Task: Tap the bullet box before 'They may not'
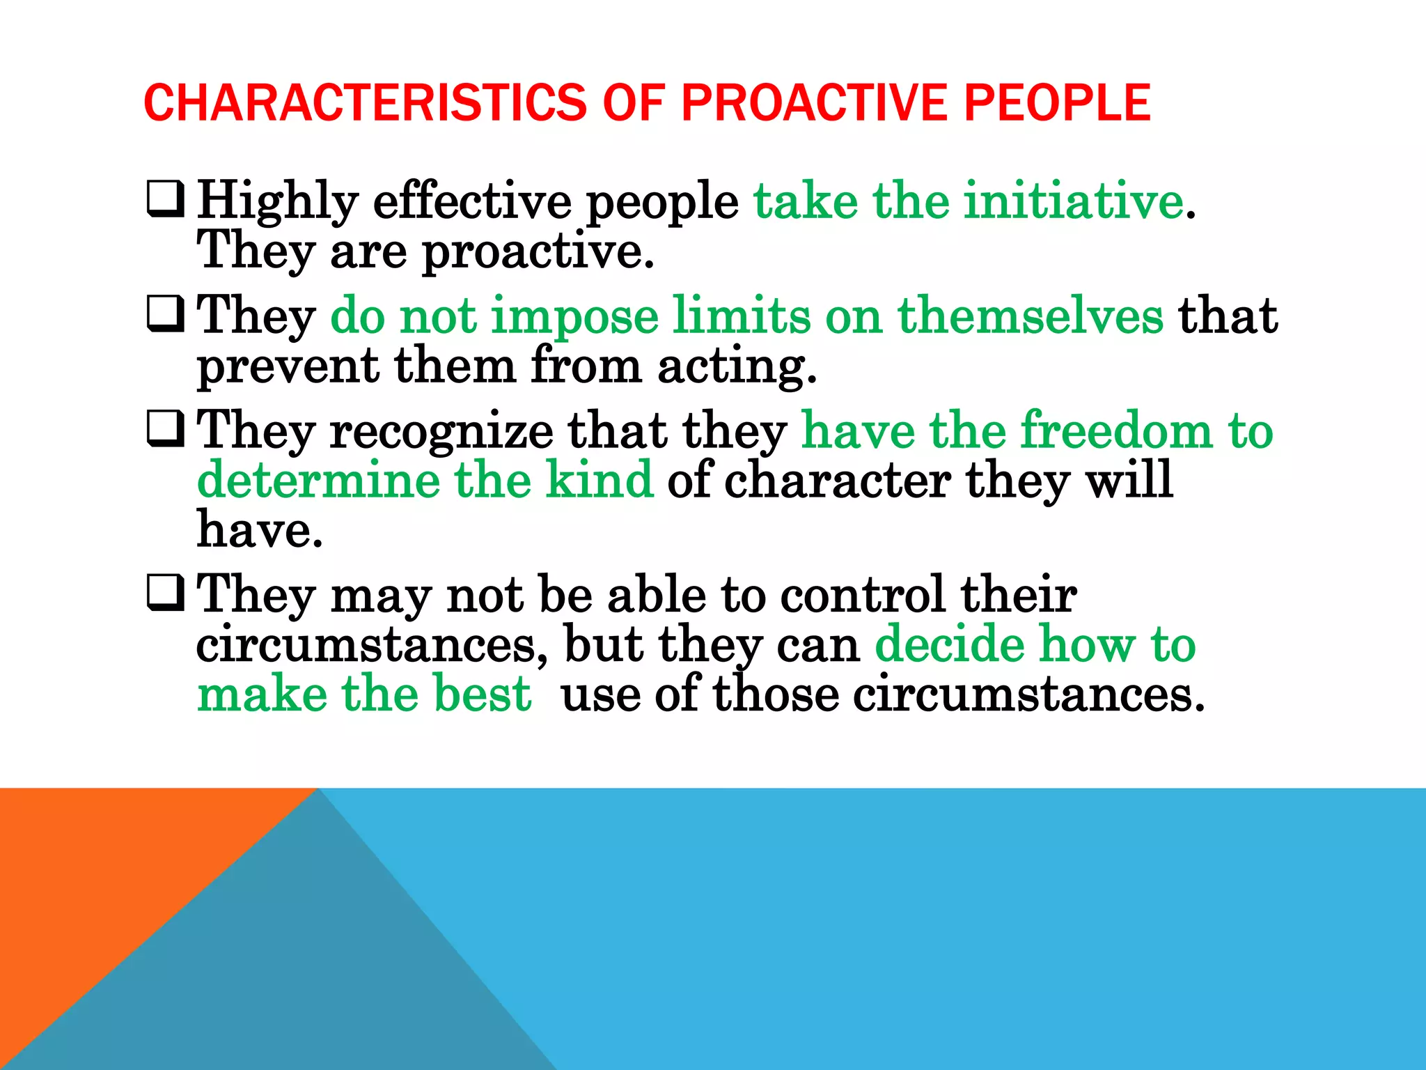click(x=165, y=593)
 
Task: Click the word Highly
click(x=277, y=202)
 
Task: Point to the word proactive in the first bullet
click(x=538, y=252)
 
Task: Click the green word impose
click(x=574, y=317)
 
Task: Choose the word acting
click(x=737, y=367)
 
